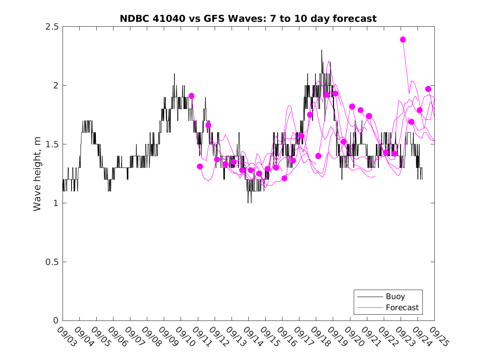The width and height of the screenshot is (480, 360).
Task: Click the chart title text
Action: click(248, 19)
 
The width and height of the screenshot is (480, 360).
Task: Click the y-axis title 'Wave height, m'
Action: click(37, 174)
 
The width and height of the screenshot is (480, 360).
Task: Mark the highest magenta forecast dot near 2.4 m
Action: click(403, 39)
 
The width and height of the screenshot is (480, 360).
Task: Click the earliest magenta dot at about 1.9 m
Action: click(191, 96)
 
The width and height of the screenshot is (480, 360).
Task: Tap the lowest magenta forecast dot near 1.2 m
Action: click(284, 178)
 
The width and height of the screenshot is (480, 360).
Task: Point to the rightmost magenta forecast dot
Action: click(428, 89)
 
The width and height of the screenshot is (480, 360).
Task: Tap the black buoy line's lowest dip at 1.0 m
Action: click(248, 202)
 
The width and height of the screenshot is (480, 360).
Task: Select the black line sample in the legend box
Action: click(369, 297)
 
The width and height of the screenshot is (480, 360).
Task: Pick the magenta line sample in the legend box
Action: click(369, 307)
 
